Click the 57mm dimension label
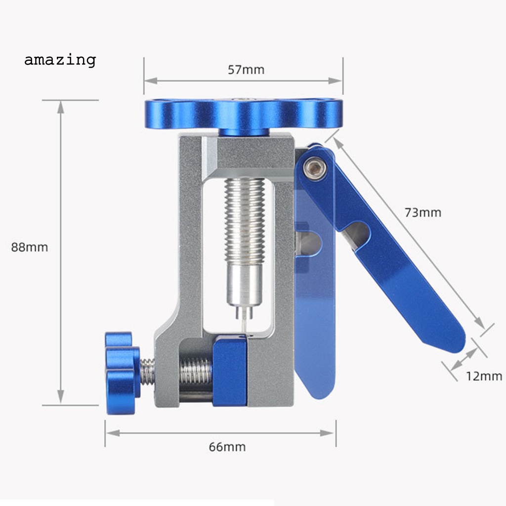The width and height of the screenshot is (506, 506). pyautogui.click(x=246, y=70)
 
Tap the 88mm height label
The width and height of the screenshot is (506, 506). pyautogui.click(x=30, y=247)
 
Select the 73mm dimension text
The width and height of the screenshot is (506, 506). pyautogui.click(x=422, y=213)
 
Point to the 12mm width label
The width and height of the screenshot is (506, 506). pyautogui.click(x=484, y=377)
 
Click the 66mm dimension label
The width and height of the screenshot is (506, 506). pyautogui.click(x=227, y=447)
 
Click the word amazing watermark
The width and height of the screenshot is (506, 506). pyautogui.click(x=60, y=60)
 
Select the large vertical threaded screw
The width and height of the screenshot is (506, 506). pyautogui.click(x=244, y=220)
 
